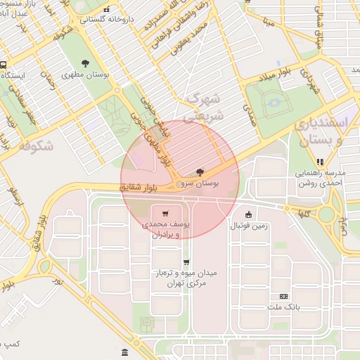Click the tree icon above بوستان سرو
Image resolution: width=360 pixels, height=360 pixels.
point(200,172)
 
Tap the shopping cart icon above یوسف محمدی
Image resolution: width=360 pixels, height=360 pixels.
point(165,213)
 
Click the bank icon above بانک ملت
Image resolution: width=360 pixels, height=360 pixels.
point(283,297)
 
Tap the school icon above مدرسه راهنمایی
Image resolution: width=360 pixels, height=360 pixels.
point(321,161)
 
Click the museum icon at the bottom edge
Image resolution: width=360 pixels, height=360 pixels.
point(124,352)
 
